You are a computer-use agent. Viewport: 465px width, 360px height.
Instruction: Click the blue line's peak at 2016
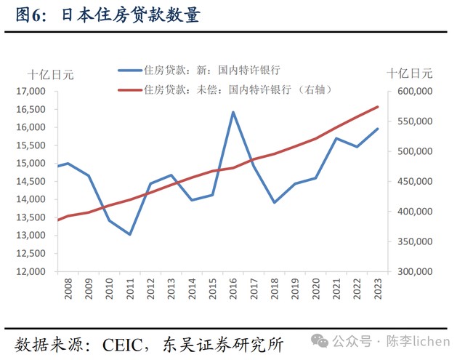(232, 112)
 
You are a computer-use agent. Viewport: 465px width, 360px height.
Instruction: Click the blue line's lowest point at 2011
(129, 234)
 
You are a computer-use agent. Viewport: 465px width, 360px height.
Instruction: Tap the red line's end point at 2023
(378, 107)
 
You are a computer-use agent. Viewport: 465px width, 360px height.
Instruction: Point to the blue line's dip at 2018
(275, 202)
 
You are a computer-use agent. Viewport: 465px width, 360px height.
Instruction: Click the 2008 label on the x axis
(67, 290)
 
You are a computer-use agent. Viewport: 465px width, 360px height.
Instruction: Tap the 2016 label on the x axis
(233, 290)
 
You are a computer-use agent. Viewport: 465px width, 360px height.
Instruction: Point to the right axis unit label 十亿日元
(409, 73)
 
